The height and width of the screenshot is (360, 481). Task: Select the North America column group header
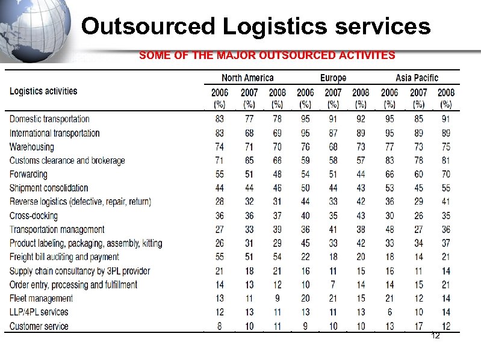(x=247, y=78)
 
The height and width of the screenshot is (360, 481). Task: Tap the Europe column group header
(x=333, y=78)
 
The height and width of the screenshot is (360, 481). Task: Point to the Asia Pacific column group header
(x=417, y=78)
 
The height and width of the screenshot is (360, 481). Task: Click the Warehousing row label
(x=32, y=147)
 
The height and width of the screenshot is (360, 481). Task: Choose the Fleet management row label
(x=42, y=298)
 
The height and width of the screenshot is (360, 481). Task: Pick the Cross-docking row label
(x=34, y=216)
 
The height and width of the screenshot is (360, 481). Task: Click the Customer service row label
(x=39, y=326)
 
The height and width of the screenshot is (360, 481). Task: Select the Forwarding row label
(x=28, y=174)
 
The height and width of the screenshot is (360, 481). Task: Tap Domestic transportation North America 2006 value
(x=220, y=119)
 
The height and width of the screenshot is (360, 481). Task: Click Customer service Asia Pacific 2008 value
(x=445, y=326)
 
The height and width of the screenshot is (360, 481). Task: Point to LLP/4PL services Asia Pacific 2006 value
(x=390, y=312)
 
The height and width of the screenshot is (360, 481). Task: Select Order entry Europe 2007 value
(x=333, y=284)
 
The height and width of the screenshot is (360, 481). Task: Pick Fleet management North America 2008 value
(x=278, y=298)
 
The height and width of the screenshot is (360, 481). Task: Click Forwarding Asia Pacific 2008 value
(x=445, y=174)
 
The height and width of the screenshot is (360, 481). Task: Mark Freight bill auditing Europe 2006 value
(x=305, y=257)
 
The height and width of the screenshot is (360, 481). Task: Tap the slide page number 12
(x=435, y=335)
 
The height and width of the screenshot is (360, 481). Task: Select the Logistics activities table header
(x=43, y=92)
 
